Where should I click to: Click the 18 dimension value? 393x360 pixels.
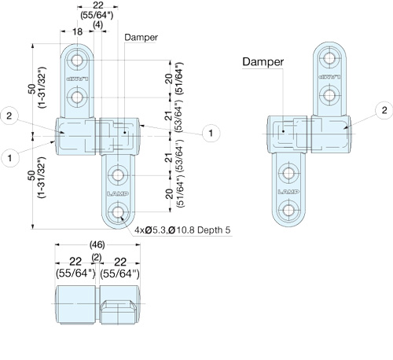click(x=77, y=31)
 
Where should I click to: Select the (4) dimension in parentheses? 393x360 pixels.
click(x=98, y=25)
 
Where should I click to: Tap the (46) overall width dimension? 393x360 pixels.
click(x=97, y=245)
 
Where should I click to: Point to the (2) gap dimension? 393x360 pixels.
click(x=97, y=258)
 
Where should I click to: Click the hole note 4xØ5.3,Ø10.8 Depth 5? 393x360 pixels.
click(x=182, y=230)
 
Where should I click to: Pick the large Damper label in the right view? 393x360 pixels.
click(x=263, y=62)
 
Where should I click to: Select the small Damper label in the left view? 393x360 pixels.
click(x=141, y=37)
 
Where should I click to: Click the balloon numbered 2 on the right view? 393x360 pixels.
click(x=384, y=110)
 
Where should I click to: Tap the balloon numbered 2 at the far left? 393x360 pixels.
click(x=9, y=116)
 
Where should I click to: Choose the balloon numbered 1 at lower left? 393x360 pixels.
click(x=10, y=158)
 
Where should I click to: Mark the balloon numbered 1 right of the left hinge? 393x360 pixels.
click(x=211, y=133)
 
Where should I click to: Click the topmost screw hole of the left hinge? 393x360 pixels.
click(x=77, y=61)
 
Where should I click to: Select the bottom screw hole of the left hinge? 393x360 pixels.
click(x=118, y=212)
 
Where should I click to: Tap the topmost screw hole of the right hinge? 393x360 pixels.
click(x=329, y=57)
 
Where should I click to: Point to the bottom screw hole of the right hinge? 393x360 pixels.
click(x=288, y=210)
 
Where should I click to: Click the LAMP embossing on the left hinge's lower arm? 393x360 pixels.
click(x=118, y=193)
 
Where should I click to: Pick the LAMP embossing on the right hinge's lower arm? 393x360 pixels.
click(x=288, y=192)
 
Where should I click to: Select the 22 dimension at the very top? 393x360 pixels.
click(x=98, y=6)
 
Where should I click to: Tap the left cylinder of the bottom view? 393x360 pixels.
click(x=76, y=305)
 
